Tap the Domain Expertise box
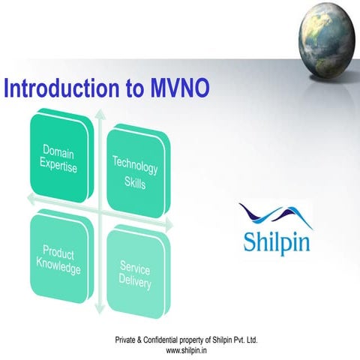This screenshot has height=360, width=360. [x=60, y=159]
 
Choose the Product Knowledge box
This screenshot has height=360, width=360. [x=59, y=259]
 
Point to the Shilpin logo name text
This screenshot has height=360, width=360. [x=275, y=242]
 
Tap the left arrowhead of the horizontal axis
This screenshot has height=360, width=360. [x=28, y=199]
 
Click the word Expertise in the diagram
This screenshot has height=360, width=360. [x=59, y=167]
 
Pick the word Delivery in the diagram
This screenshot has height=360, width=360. [x=134, y=284]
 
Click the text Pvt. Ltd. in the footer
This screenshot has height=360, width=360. [x=244, y=340]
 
